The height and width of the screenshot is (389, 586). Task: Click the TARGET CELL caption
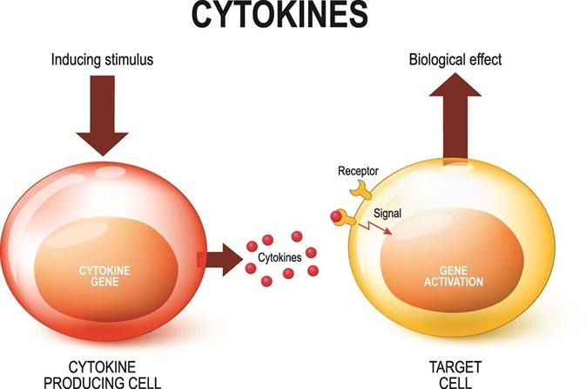click(x=452, y=374)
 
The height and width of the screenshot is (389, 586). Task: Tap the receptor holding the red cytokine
click(x=347, y=222)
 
